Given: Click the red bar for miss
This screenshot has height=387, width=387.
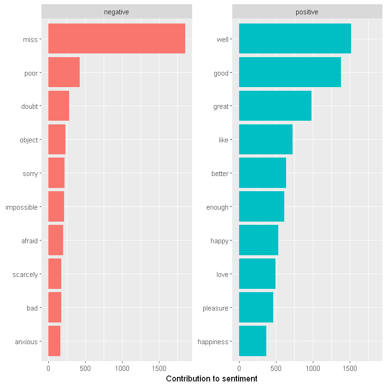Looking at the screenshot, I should (117, 39).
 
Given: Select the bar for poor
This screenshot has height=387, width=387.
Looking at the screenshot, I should (64, 72).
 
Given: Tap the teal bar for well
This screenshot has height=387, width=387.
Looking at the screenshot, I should (295, 39).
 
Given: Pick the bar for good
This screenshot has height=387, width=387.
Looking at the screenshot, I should (290, 72).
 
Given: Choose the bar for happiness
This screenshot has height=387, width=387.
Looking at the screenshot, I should (252, 341).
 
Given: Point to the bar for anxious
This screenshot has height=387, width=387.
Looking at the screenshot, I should (54, 341).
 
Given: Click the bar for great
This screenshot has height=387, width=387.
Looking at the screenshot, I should (275, 106).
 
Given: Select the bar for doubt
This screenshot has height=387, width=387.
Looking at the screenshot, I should (59, 106).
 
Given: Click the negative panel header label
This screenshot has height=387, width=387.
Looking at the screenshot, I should (117, 12).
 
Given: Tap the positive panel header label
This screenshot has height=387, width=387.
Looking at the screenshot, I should (307, 12).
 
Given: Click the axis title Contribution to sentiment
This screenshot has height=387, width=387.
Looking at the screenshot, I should (211, 379).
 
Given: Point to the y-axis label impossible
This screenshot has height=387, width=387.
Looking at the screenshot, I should (21, 207).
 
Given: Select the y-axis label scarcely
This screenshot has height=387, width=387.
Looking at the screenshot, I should (25, 275).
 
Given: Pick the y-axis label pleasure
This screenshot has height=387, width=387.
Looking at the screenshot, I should (215, 308).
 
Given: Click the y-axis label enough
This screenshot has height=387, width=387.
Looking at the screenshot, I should (217, 207).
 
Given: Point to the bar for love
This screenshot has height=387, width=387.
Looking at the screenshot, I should (257, 275).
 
